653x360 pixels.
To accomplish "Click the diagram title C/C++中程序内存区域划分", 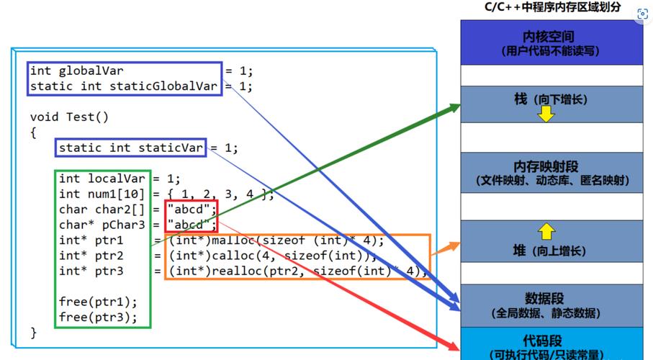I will (x=552, y=7).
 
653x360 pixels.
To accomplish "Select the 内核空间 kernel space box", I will (x=551, y=42).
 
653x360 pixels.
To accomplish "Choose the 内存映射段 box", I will (x=551, y=173).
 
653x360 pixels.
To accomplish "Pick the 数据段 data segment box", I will (x=551, y=305).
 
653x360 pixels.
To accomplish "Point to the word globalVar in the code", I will (x=91, y=71).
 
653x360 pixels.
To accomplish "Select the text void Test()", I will (x=69, y=117).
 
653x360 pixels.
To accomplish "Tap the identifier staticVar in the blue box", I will (x=171, y=148).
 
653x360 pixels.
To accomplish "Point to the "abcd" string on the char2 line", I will (x=191, y=210).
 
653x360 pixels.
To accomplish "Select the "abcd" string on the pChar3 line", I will (x=191, y=224).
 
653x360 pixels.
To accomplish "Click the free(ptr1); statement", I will (x=98, y=302).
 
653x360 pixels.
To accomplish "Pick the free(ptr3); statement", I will (x=98, y=318).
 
